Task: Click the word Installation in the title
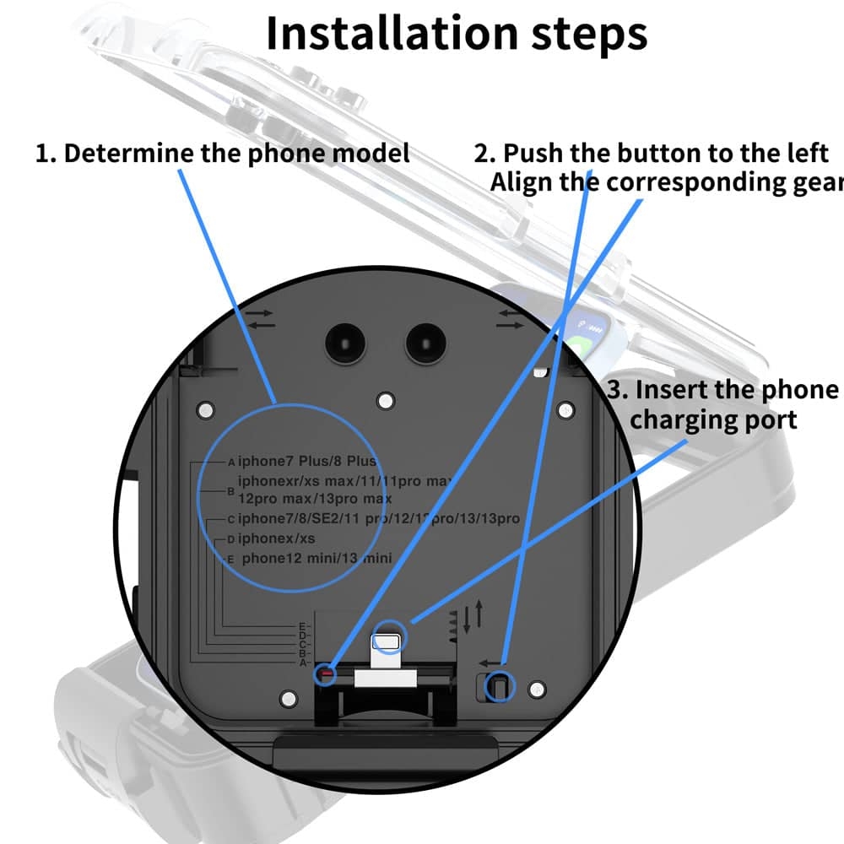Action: click(378, 34)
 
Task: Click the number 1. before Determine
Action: click(47, 154)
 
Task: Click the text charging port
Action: click(713, 419)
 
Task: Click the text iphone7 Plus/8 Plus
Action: click(307, 462)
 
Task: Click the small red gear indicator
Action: click(324, 674)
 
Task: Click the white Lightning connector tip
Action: click(388, 644)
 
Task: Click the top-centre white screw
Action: click(386, 398)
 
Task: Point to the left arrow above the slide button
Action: click(490, 663)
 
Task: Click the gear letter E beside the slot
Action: click(301, 626)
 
